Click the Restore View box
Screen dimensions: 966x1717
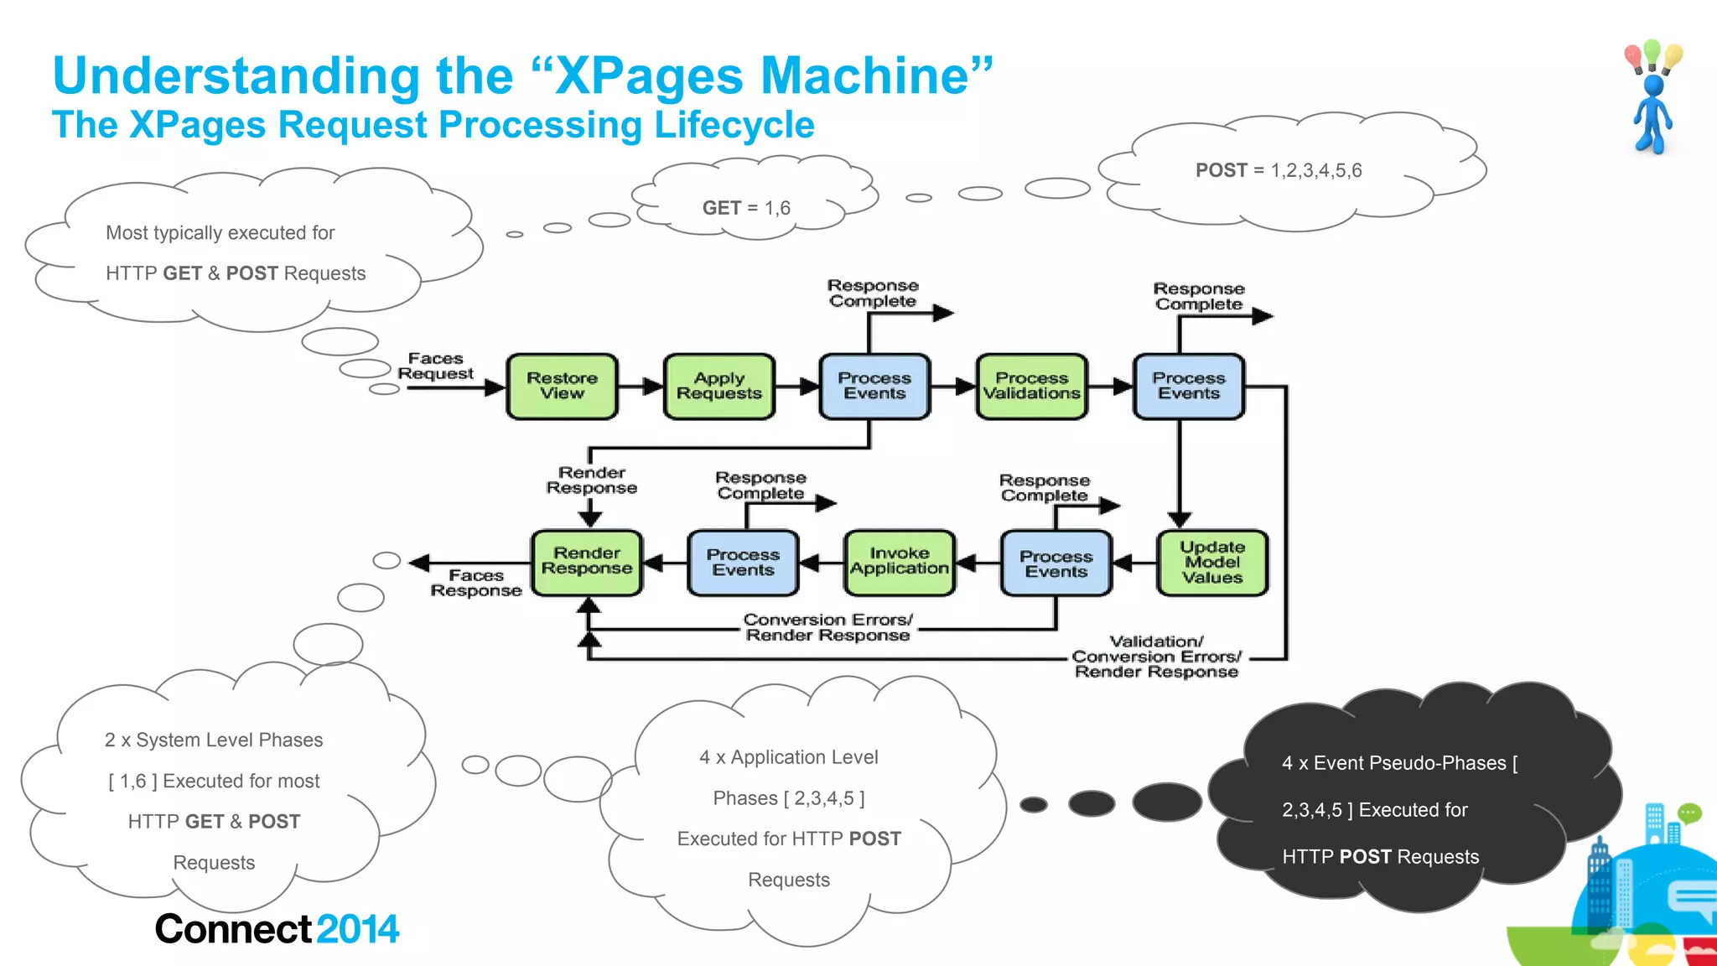click(562, 387)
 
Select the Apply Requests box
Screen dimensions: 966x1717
click(718, 387)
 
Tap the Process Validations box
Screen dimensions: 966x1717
click(1031, 387)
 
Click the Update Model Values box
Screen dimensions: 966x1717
click(1211, 563)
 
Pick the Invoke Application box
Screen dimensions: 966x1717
click(899, 563)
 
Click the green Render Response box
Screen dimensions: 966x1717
click(587, 563)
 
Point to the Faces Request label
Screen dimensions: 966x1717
click(435, 366)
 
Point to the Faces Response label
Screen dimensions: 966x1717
click(475, 583)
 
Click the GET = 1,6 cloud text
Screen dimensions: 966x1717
click(746, 208)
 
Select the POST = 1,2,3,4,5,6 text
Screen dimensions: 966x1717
click(1279, 170)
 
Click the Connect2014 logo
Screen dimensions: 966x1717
click(277, 929)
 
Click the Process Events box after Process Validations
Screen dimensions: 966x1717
click(1188, 387)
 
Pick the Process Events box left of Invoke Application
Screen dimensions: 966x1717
click(743, 563)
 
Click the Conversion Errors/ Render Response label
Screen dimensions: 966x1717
click(827, 627)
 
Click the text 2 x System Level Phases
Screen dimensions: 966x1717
click(214, 740)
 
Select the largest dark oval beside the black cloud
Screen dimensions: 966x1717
click(1167, 802)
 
